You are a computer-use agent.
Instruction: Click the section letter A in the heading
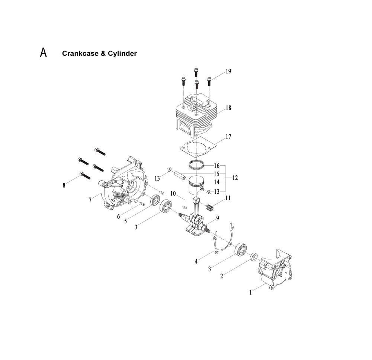[44, 53]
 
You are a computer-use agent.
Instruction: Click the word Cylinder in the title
[122, 54]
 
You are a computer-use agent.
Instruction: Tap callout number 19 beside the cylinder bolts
[228, 71]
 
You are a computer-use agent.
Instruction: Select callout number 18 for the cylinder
[228, 108]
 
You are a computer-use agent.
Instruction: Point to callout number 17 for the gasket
[228, 137]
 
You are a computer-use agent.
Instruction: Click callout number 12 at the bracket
[235, 178]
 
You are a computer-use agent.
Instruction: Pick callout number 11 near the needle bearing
[227, 198]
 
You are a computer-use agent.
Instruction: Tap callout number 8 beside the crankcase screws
[64, 185]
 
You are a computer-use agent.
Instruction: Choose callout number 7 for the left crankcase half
[90, 200]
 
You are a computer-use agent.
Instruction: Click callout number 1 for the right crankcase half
[251, 293]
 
